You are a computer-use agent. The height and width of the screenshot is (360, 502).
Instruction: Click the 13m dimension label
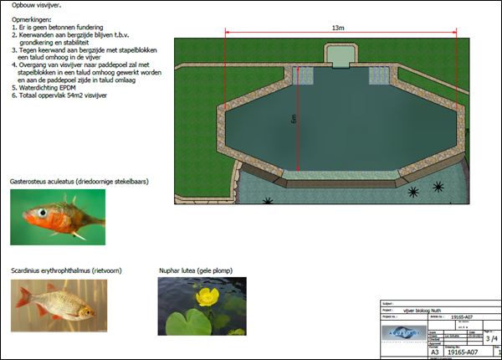click(x=338, y=28)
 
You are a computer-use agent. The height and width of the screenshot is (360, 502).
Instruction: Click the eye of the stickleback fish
click(x=38, y=213)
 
